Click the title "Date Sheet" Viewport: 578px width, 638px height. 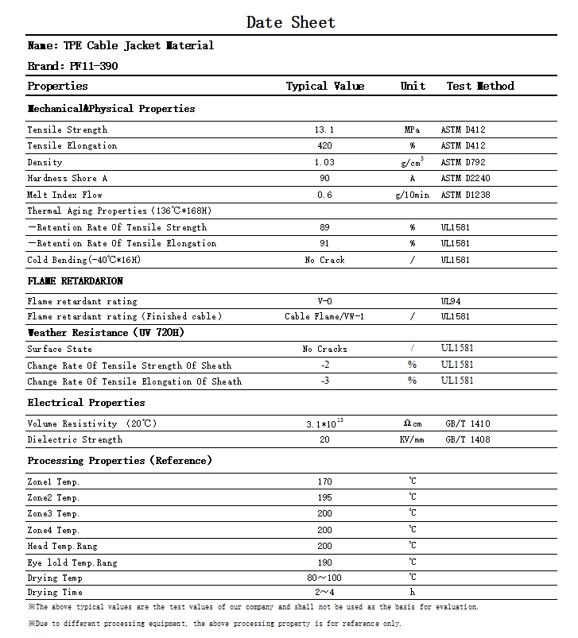tap(290, 22)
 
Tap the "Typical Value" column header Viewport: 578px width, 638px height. tap(324, 86)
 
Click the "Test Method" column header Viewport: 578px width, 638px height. tap(479, 86)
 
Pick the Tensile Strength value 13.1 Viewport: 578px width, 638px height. tap(324, 130)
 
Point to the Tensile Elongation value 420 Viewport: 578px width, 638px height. tap(324, 145)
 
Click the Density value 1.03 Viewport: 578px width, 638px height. tap(324, 162)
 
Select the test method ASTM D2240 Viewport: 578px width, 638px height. tap(465, 178)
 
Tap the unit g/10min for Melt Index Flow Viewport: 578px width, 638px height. tap(412, 195)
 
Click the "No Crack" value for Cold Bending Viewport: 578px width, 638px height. tap(324, 260)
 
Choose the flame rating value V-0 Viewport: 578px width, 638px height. tap(324, 301)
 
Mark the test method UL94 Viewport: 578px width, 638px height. tap(450, 301)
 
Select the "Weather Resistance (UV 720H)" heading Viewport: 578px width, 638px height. tap(106, 333)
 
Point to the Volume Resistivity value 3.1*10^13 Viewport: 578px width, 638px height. tap(324, 423)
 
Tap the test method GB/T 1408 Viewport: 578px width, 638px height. tap(467, 439)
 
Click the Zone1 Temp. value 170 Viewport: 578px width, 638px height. tap(324, 481)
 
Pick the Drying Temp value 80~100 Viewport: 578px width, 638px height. tap(324, 578)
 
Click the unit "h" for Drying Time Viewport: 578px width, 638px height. tap(413, 592)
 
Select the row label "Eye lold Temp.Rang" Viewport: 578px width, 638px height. tap(72, 562)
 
